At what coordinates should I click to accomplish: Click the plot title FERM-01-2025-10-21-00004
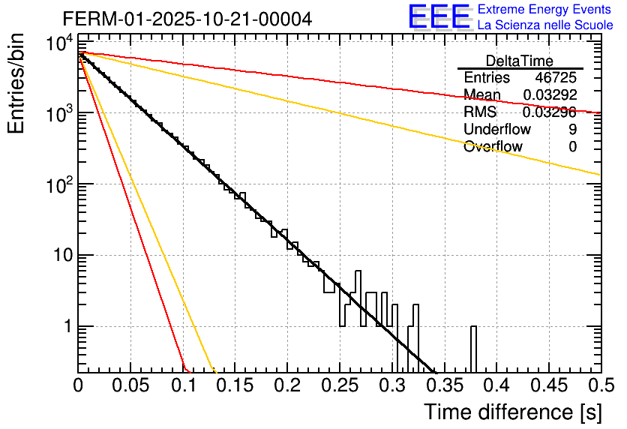click(187, 18)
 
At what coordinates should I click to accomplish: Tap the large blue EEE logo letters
click(439, 17)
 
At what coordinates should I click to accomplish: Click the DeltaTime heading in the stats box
click(520, 61)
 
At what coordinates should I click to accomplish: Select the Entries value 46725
click(556, 78)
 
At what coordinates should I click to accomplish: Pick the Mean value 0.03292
click(550, 95)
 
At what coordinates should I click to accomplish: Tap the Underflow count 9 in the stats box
click(573, 130)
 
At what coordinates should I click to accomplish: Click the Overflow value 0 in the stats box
click(573, 147)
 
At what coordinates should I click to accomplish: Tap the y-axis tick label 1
click(67, 327)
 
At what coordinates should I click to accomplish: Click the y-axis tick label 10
click(61, 256)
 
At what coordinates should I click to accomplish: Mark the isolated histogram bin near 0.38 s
click(474, 349)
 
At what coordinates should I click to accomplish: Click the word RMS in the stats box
click(480, 112)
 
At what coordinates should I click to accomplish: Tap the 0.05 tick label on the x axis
click(130, 385)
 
